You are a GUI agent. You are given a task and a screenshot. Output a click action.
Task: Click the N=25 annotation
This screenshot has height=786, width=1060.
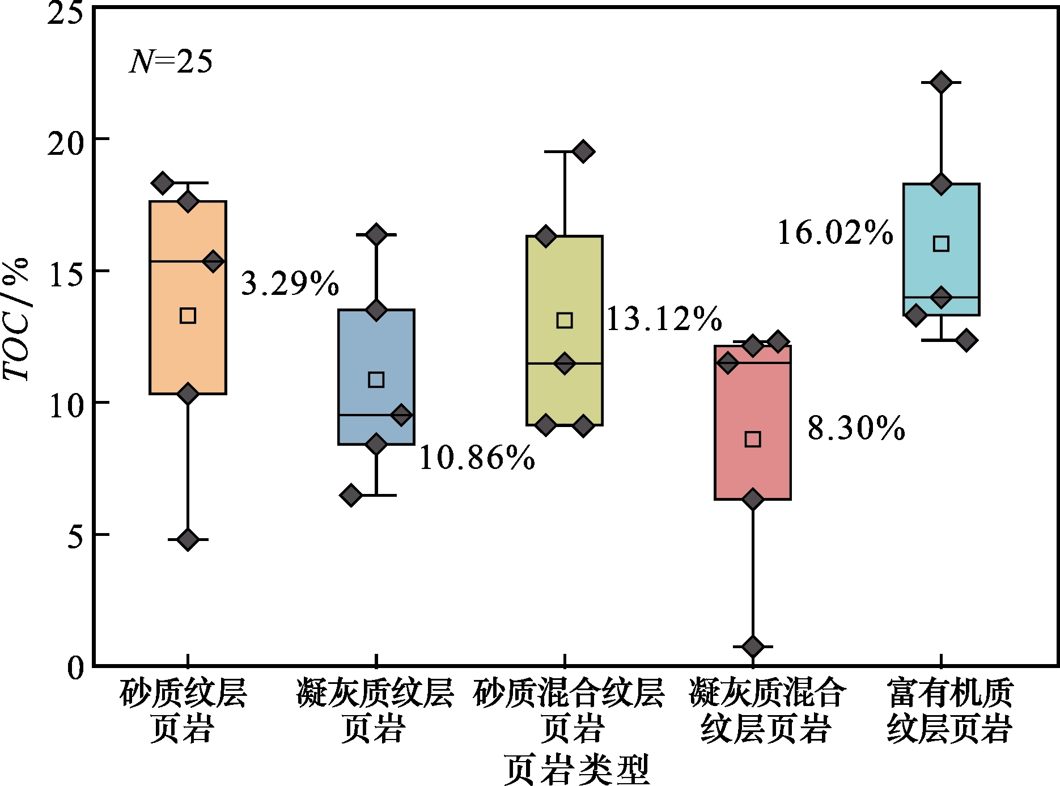click(171, 62)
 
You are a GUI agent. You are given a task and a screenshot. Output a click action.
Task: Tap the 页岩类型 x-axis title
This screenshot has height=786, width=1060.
click(576, 769)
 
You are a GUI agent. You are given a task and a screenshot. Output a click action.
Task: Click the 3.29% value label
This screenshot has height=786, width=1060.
click(290, 283)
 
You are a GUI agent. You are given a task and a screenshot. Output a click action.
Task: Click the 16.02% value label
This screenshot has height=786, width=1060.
click(835, 233)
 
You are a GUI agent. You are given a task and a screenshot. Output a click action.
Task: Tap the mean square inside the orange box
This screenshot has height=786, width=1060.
click(188, 315)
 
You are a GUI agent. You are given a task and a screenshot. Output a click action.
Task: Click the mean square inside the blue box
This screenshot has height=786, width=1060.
click(376, 379)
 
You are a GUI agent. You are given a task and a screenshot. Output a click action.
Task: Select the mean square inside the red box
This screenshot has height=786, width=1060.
click(752, 439)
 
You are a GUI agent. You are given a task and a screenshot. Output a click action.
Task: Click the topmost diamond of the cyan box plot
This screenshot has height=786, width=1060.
click(941, 82)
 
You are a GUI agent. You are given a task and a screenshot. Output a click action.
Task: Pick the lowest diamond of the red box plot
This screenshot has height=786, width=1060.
click(752, 646)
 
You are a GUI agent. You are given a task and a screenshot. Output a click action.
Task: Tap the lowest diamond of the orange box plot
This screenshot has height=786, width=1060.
click(188, 539)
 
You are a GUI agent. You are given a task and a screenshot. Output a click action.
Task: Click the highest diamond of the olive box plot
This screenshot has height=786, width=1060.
click(583, 151)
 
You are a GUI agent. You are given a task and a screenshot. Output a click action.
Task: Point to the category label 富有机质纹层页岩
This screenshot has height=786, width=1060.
click(949, 710)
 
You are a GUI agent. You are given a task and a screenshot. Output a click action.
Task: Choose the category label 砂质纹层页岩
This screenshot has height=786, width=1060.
click(183, 710)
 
